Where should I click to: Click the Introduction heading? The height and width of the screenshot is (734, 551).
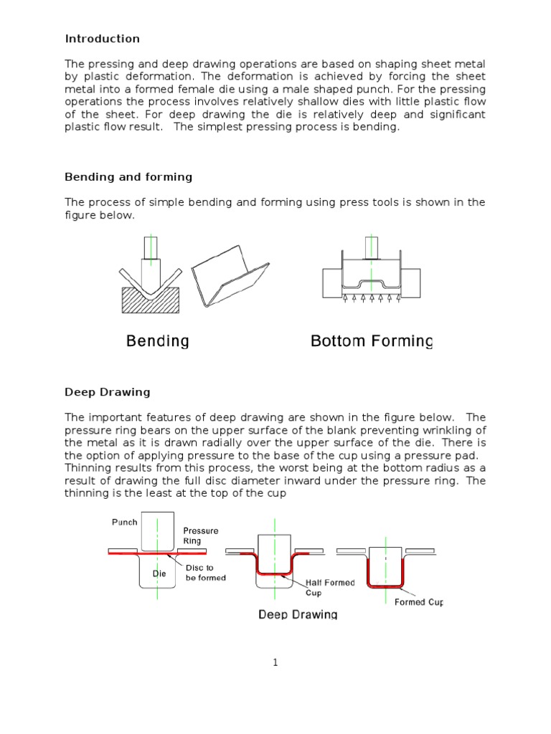pyautogui.click(x=102, y=39)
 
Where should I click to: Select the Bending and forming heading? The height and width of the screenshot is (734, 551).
pyautogui.click(x=128, y=177)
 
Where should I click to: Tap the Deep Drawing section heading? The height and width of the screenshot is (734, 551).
pyautogui.click(x=107, y=392)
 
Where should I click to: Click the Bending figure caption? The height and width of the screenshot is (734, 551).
pyautogui.click(x=157, y=341)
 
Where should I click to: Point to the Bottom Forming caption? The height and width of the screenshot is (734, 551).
pyautogui.click(x=372, y=341)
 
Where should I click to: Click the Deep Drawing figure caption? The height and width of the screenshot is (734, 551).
pyautogui.click(x=298, y=614)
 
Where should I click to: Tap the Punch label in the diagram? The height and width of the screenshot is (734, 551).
pyautogui.click(x=124, y=522)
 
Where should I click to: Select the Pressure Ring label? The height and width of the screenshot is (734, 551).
pyautogui.click(x=201, y=536)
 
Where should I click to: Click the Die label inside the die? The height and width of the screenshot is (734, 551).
pyautogui.click(x=159, y=574)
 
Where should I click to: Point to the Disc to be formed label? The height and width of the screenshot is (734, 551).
pyautogui.click(x=206, y=572)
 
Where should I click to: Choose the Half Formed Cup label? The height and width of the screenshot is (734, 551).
pyautogui.click(x=330, y=588)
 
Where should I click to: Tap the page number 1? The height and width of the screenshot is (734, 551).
pyautogui.click(x=275, y=663)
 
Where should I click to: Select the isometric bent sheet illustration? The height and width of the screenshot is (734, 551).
pyautogui.click(x=230, y=276)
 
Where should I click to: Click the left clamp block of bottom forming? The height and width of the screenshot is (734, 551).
pyautogui.click(x=332, y=283)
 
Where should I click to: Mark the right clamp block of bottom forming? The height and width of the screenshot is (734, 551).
pyautogui.click(x=410, y=283)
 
